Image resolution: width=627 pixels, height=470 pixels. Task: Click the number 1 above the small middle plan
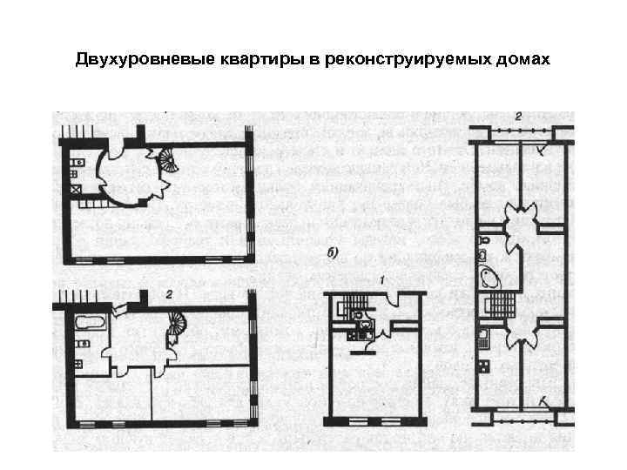tap(381, 279)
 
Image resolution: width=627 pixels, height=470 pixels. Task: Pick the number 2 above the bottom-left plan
tap(170, 295)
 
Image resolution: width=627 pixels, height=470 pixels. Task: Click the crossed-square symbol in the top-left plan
tap(76, 187)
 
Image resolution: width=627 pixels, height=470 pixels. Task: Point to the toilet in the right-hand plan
tap(485, 236)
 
